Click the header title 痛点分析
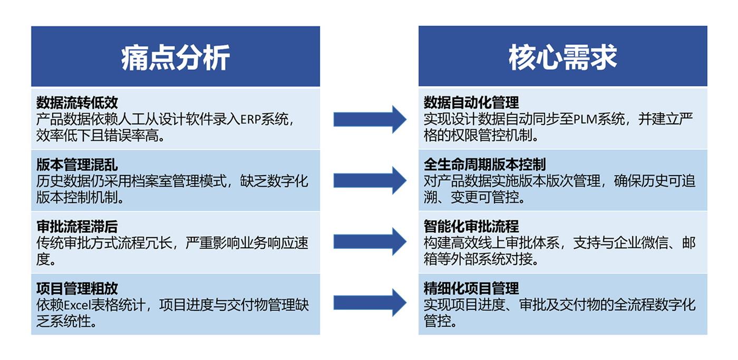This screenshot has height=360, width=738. pos(175,57)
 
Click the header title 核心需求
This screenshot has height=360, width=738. pos(563,57)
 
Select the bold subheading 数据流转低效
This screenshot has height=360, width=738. pos(77,103)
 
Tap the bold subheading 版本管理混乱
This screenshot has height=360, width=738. pos(77,164)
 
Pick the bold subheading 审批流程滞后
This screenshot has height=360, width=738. pos(77,227)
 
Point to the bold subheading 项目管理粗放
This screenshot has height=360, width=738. pos(77,288)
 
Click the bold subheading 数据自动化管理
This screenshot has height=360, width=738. pos(471,102)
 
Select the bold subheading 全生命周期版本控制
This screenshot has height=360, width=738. pos(484,164)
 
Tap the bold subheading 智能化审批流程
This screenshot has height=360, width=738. pos(471,226)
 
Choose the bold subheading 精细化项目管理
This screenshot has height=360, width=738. pos(471,288)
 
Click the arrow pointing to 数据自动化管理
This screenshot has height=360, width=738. pos(370,119)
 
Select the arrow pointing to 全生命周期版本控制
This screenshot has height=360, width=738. pos(370,180)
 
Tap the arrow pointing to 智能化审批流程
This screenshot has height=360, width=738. pos(370,242)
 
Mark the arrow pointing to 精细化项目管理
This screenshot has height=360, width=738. pos(370,303)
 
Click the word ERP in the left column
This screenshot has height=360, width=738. pos(250,120)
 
